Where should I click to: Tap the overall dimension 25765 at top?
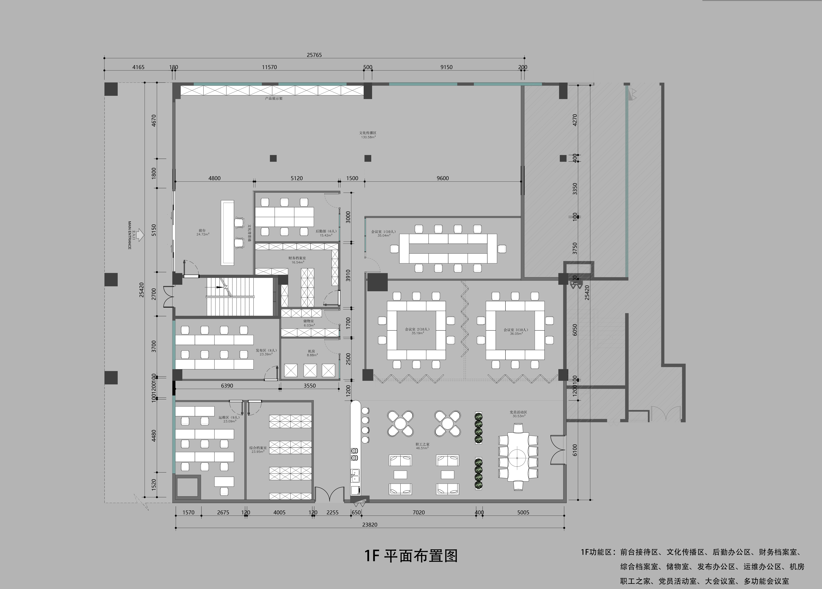coord(314,55)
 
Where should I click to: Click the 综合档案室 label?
coord(258,448)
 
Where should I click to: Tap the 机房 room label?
coord(311,351)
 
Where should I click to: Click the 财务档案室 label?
coord(297,258)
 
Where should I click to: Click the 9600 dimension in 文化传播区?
coord(443,178)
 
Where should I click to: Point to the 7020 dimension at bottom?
coord(419,512)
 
